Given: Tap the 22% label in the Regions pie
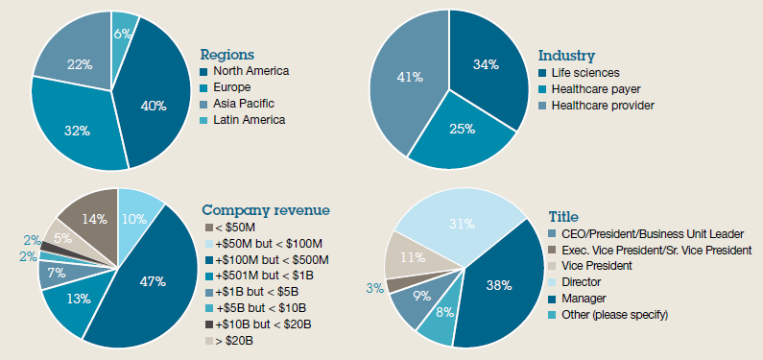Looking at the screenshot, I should coord(80,65).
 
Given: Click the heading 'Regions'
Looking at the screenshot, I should coord(228,54).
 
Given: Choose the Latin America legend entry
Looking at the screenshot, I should coord(248,120).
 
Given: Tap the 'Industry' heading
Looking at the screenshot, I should coord(566,56).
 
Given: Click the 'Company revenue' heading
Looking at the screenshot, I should coord(265,210).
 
